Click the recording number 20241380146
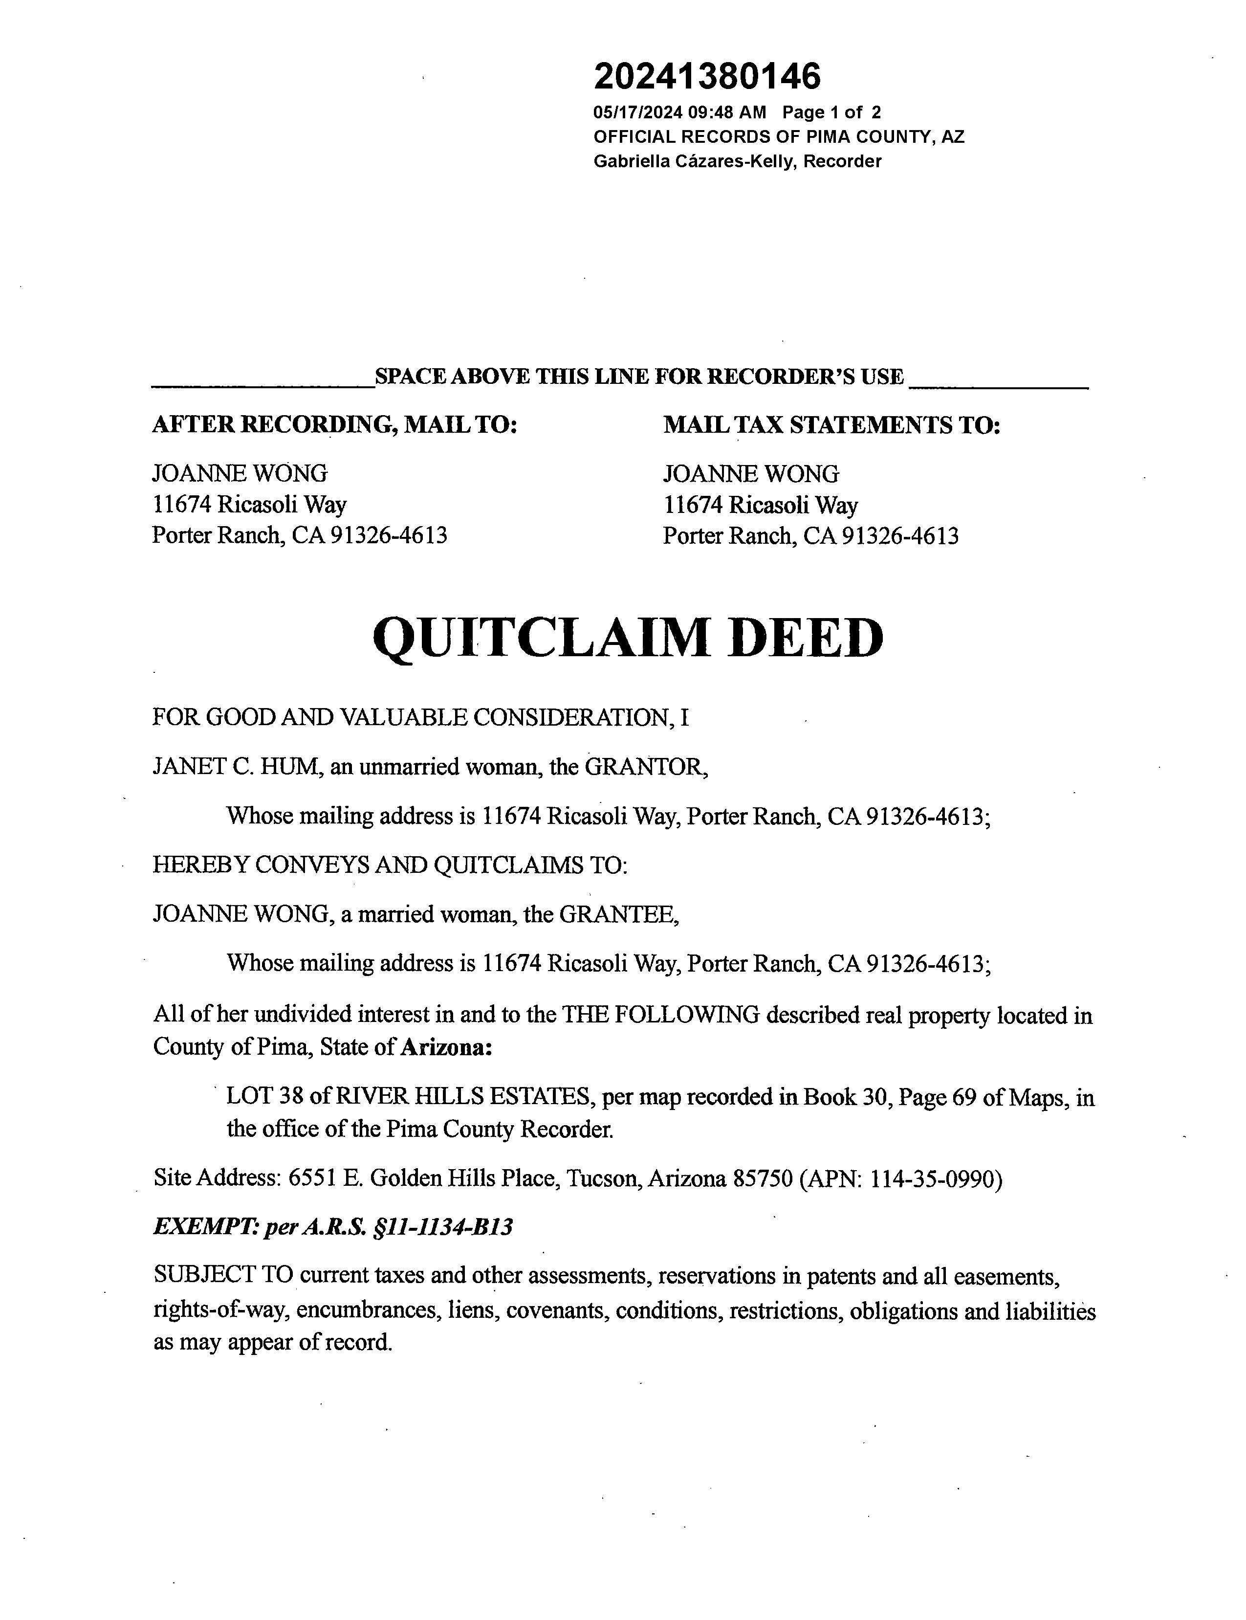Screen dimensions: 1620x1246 pyautogui.click(x=707, y=76)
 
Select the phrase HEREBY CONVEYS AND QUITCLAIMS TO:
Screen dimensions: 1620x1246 pyautogui.click(x=390, y=865)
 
